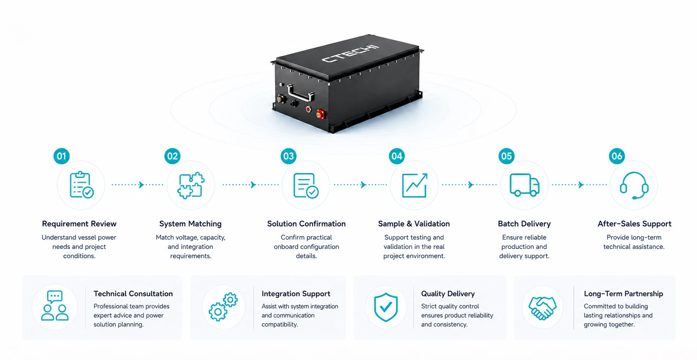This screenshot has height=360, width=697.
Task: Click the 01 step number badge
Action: pyautogui.click(x=61, y=156)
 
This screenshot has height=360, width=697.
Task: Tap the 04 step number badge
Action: pyautogui.click(x=397, y=156)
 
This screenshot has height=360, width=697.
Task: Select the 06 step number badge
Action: pyautogui.click(x=617, y=156)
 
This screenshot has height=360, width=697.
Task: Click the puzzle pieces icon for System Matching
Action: pyautogui.click(x=191, y=185)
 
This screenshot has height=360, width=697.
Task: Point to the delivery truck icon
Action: pyautogui.click(x=524, y=185)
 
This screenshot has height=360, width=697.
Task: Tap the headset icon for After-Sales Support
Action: pyautogui.click(x=634, y=185)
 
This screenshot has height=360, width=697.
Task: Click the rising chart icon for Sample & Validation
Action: pyautogui.click(x=414, y=185)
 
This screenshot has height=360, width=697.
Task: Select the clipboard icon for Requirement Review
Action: pyautogui.click(x=81, y=185)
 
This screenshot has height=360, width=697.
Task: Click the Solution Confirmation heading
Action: pyautogui.click(x=306, y=224)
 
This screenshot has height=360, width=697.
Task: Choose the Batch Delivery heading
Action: pyautogui.click(x=524, y=224)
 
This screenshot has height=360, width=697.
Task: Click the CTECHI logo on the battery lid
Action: pyautogui.click(x=350, y=53)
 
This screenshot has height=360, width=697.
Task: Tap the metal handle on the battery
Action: pyautogui.click(x=300, y=93)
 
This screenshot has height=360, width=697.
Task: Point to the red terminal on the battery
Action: pyautogui.click(x=320, y=114)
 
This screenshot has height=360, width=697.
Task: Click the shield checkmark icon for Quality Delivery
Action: pyautogui.click(x=386, y=307)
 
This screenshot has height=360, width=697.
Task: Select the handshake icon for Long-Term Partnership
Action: pyautogui.click(x=542, y=308)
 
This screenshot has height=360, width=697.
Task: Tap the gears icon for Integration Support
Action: pyautogui.click(x=223, y=307)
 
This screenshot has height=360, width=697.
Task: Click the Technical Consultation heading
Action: pyautogui.click(x=133, y=294)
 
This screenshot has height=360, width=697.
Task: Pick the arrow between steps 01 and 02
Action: pyautogui.click(x=137, y=185)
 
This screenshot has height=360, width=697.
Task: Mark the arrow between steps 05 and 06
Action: pyautogui.click(x=579, y=185)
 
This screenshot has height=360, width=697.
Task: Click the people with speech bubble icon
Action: pyautogui.click(x=55, y=306)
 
